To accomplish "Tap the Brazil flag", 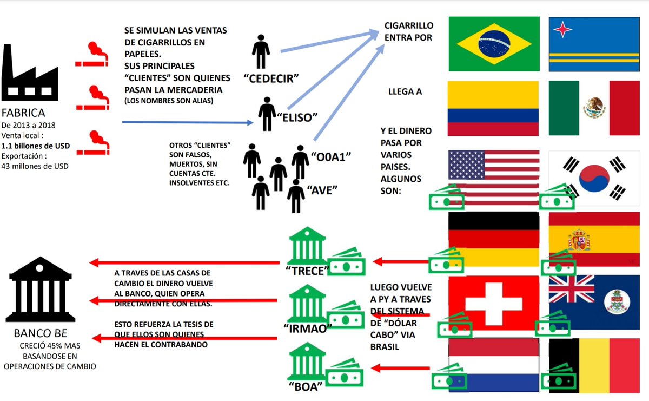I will pyautogui.click(x=494, y=44).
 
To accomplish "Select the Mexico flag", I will pyautogui.click(x=594, y=108).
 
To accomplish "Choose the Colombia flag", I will pyautogui.click(x=494, y=108).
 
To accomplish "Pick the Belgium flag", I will pyautogui.click(x=594, y=365).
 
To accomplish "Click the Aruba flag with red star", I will pyautogui.click(x=594, y=44).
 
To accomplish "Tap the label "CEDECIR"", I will pyautogui.click(x=271, y=77).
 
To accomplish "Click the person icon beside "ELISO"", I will pyautogui.click(x=267, y=114).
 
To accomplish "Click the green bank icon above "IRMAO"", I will pyautogui.click(x=307, y=303).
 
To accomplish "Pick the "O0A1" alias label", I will pyautogui.click(x=332, y=157).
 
